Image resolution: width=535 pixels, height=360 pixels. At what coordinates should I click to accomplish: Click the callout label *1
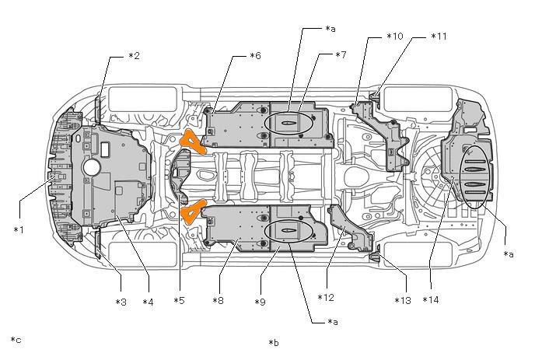[x=19, y=230]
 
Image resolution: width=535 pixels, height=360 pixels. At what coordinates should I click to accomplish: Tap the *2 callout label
[x=134, y=56]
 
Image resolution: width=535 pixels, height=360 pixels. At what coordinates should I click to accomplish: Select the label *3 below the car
[x=121, y=302]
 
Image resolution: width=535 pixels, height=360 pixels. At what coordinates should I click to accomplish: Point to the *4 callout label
[x=148, y=302]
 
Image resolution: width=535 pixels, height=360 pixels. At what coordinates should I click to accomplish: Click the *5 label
[x=179, y=301]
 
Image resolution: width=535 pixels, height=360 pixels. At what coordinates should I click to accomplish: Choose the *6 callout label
[x=255, y=56]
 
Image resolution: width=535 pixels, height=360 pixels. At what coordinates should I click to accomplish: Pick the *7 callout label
[x=341, y=54]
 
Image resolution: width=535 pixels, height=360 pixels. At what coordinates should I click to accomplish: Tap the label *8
[x=218, y=301]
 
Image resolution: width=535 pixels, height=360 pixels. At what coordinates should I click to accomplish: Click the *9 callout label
[x=260, y=302]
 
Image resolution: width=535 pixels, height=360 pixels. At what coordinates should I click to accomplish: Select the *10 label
[x=395, y=37]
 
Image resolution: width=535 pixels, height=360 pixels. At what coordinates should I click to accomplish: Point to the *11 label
[x=439, y=37]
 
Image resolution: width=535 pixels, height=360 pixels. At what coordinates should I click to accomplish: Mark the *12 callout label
[x=326, y=298]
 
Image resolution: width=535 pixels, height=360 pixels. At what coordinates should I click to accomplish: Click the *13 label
[x=403, y=301]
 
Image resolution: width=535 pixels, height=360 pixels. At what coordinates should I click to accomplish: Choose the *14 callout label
[x=431, y=300]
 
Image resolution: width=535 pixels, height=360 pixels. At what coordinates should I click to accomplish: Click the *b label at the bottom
[x=274, y=343]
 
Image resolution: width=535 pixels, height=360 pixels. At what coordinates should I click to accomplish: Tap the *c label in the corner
[x=16, y=340]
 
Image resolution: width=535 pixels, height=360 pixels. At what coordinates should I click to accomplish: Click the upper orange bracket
[x=194, y=142]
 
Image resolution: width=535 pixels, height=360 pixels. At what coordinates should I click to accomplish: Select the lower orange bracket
[x=193, y=211]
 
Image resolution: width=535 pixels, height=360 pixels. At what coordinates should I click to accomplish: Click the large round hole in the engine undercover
[x=91, y=167]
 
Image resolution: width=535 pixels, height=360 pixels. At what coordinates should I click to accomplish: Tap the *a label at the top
[x=330, y=29]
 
